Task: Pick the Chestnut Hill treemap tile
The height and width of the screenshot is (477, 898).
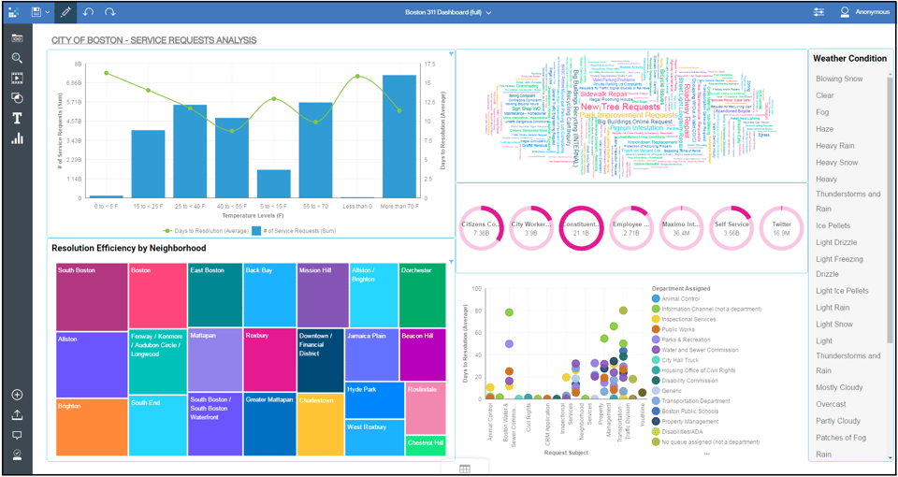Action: (426, 445)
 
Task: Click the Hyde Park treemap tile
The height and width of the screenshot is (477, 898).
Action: (374, 399)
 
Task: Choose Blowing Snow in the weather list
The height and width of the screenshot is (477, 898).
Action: (839, 79)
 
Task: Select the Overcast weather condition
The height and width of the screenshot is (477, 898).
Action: (832, 405)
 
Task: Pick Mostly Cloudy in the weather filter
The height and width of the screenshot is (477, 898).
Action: (839, 388)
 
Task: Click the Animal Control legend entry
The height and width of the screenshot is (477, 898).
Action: (683, 299)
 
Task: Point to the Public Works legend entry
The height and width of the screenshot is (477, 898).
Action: (678, 329)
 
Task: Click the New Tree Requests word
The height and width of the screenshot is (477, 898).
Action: (619, 107)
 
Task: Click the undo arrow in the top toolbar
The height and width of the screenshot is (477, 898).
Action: (88, 12)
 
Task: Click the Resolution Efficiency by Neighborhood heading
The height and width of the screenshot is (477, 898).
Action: (129, 249)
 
